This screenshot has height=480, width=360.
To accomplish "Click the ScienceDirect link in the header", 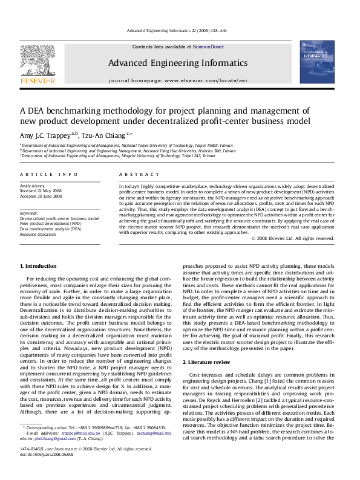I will [208, 47].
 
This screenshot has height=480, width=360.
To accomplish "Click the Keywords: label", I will [29, 213].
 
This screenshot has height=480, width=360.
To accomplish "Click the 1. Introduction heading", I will [39, 266].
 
